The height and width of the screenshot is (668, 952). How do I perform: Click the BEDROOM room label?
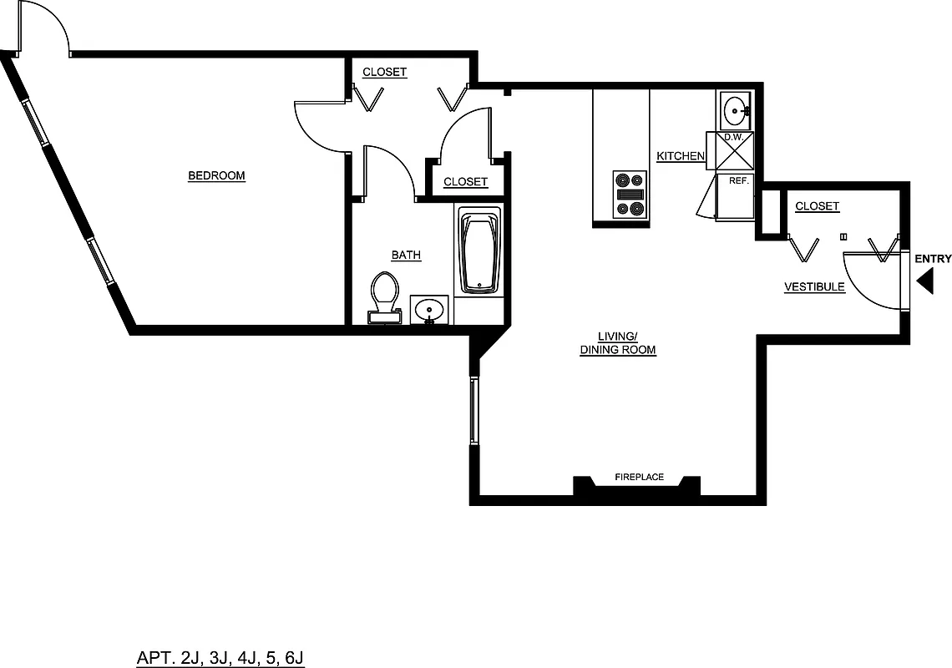click(216, 175)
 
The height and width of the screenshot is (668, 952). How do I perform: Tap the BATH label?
click(406, 255)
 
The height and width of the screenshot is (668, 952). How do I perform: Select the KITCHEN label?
click(681, 156)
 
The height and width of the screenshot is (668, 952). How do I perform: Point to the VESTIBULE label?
click(813, 287)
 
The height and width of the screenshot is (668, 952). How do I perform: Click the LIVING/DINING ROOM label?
click(618, 343)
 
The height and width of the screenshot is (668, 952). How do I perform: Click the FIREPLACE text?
click(639, 477)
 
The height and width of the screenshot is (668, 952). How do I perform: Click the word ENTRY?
click(933, 259)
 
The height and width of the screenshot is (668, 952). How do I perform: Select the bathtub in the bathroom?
click(480, 252)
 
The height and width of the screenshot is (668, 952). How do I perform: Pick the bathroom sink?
click(430, 309)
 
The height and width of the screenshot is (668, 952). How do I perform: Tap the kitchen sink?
click(736, 109)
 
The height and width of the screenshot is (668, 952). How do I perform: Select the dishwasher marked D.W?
click(734, 150)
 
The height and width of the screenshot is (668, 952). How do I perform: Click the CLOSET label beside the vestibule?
click(817, 206)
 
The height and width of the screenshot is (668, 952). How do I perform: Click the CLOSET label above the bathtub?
click(465, 182)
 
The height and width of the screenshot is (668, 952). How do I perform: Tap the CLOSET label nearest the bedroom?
click(384, 73)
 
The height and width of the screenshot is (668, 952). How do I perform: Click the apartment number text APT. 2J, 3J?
click(220, 658)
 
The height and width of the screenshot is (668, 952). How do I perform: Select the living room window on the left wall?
click(473, 409)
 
